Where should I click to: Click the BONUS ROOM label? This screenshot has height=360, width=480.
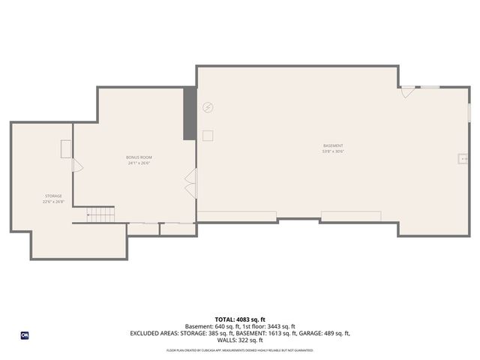[x=139, y=157]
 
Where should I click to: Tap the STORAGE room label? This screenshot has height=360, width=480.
[x=52, y=196]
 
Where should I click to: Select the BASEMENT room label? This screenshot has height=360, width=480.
[x=333, y=145]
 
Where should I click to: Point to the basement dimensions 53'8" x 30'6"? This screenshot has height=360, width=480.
[x=333, y=151]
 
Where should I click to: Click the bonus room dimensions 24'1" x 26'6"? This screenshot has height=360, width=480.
[x=139, y=163]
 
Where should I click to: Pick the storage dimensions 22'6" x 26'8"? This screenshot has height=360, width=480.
[x=52, y=202]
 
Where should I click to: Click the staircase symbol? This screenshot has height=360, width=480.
[x=100, y=215]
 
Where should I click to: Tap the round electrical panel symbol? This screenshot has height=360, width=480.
[x=208, y=108]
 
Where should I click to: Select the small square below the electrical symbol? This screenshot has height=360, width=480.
[x=208, y=135]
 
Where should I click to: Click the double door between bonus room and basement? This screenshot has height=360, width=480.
[x=190, y=184]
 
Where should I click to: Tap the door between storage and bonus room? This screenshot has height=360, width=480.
[x=76, y=165]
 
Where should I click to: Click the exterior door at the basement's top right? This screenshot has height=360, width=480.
[x=407, y=91]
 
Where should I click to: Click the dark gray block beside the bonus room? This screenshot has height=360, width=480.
[x=190, y=113]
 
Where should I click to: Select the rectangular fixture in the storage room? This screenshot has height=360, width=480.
[x=66, y=148]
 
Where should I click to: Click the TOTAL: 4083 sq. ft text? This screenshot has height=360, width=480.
[x=239, y=319]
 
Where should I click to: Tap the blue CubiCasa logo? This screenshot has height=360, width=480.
[x=24, y=334]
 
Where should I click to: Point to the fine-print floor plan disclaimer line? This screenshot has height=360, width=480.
[x=239, y=350]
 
